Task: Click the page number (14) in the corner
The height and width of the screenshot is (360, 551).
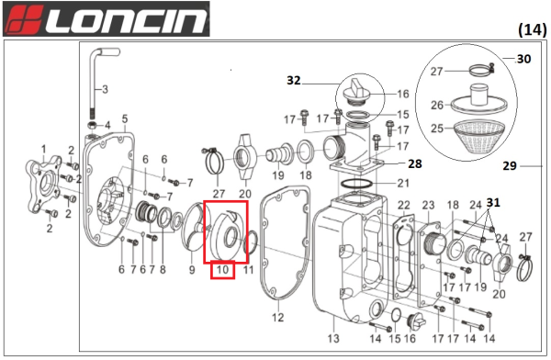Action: pos(532,29)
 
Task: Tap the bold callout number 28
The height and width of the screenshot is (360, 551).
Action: pos(414,163)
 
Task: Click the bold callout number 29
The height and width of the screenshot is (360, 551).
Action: pos(511,166)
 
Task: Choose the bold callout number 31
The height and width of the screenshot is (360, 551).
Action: pos(492,203)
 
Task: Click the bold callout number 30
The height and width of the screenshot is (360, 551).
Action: pos(523,59)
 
